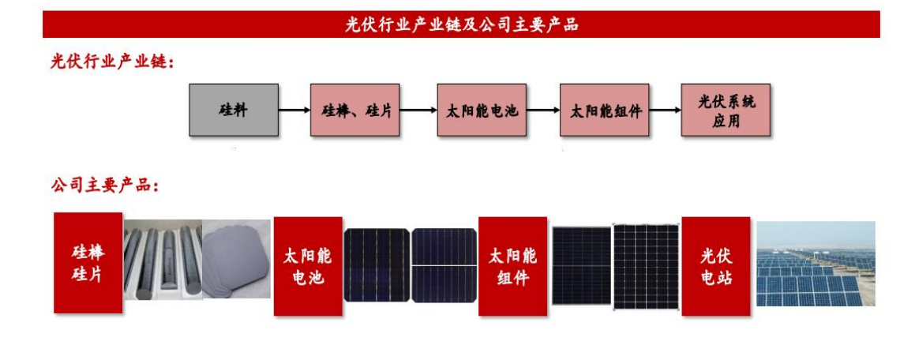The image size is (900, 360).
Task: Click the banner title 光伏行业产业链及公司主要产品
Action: click(x=461, y=24)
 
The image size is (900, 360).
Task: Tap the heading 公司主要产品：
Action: click(x=106, y=186)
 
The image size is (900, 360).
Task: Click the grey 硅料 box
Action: click(x=234, y=110)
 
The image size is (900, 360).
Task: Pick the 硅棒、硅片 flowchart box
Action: click(x=354, y=110)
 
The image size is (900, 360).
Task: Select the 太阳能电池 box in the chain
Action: click(x=482, y=110)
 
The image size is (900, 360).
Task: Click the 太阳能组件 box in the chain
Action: click(x=605, y=110)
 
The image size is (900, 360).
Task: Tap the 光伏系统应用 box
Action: click(x=726, y=110)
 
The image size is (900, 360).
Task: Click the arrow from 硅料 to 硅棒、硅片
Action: click(x=294, y=110)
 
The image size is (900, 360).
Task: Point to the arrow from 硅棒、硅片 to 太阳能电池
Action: click(x=418, y=110)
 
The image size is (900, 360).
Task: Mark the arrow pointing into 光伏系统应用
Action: click(x=666, y=110)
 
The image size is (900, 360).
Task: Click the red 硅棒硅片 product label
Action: click(x=88, y=263)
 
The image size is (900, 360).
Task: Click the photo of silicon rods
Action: click(x=162, y=261)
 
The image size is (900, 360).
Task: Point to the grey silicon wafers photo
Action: click(x=237, y=259)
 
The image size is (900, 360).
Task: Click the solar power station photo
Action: click(x=816, y=264)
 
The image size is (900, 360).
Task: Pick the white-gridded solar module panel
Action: click(x=646, y=267)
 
